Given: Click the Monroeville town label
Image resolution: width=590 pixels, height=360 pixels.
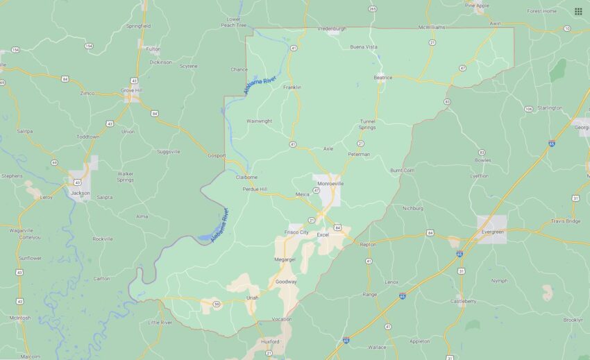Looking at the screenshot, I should click(330, 184).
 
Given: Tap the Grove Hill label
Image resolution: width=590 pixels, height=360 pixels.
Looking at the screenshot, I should click(130, 90).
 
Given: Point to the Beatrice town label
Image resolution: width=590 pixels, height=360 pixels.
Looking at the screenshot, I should click(383, 78).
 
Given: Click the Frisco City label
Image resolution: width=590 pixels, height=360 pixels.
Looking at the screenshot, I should click(296, 232).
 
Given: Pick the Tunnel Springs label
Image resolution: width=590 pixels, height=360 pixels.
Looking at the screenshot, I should click(367, 124).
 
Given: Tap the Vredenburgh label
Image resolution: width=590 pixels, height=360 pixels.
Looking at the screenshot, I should click(332, 28).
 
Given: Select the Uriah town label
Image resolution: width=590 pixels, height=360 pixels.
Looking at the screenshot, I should click(252, 298).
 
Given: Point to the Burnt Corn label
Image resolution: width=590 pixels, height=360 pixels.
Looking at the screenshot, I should click(402, 170).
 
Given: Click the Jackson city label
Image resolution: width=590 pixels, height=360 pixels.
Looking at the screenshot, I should click(80, 193).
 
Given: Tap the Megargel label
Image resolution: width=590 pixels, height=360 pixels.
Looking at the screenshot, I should click(285, 259).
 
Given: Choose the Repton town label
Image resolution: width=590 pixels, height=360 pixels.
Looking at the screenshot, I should click(368, 244).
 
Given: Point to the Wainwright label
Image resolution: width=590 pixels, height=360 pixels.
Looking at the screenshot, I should click(259, 121).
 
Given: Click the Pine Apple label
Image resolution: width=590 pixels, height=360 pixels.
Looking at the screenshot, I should click(477, 5).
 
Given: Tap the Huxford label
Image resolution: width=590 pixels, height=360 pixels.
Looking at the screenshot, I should click(270, 341).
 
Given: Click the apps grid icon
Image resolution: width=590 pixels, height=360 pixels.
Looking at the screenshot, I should click(578, 11).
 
